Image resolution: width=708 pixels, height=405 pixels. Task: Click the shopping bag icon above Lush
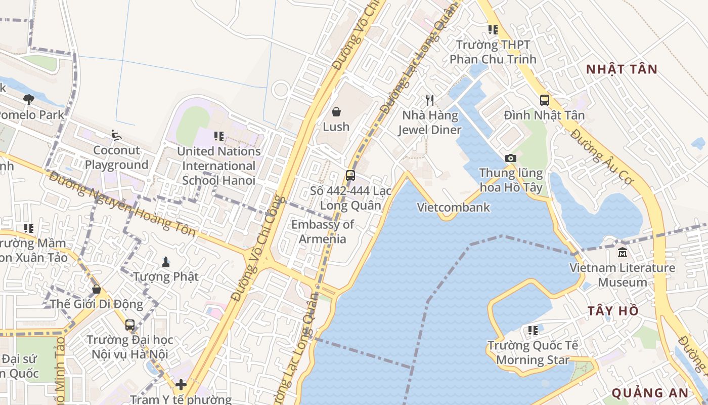[x=336, y=111]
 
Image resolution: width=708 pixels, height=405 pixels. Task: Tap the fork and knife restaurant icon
[x=430, y=100]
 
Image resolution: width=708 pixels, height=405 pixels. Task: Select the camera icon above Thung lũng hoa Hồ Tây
[x=511, y=158]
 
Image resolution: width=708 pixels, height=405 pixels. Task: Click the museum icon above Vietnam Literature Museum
[x=622, y=252]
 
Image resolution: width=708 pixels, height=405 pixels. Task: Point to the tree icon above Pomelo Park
[x=29, y=99]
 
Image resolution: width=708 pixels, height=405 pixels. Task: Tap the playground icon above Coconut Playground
[x=116, y=135]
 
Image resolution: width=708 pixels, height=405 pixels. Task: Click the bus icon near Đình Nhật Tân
[x=545, y=100]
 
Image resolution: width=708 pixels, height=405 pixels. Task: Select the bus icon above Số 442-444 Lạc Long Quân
[x=350, y=176]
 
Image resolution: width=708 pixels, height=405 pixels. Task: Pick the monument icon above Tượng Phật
[x=165, y=262]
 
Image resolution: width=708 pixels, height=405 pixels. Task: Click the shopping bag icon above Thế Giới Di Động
[x=96, y=289]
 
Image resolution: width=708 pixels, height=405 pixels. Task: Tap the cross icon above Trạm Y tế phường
[x=181, y=385]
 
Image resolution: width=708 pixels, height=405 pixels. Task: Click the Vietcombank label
[x=453, y=207]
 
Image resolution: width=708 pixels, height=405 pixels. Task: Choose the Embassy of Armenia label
[x=323, y=231]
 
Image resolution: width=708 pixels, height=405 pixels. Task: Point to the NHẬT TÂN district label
[x=622, y=69]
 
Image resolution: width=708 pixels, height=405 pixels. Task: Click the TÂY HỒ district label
[x=613, y=311]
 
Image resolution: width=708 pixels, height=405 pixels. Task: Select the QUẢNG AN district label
[x=650, y=393]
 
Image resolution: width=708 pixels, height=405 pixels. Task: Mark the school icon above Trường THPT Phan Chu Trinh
[x=493, y=30]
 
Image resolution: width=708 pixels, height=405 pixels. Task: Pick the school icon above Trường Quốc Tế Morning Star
[x=533, y=331]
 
